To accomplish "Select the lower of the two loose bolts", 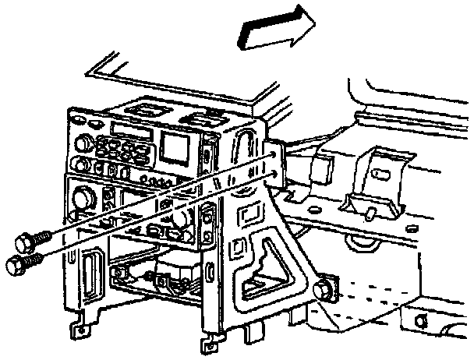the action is point(19,265).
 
